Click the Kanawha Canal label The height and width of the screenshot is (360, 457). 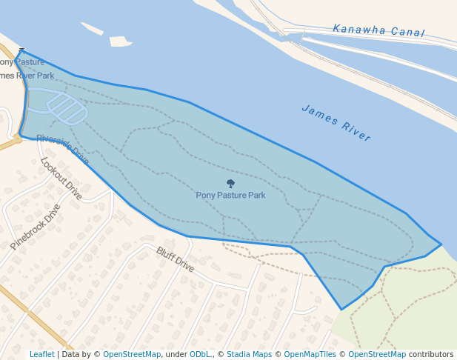(x=378, y=30)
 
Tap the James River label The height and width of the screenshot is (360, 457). (x=336, y=123)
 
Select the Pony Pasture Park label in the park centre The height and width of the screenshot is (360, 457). (x=230, y=195)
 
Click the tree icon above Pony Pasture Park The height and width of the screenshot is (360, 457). (x=230, y=184)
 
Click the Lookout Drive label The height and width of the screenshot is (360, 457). (x=61, y=179)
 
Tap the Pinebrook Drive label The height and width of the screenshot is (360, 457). (x=35, y=227)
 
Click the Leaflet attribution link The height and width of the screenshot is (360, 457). (x=41, y=355)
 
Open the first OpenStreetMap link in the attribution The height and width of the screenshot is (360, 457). (x=132, y=355)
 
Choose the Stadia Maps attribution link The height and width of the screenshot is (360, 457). (x=249, y=355)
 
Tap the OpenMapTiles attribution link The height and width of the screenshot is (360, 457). (x=310, y=355)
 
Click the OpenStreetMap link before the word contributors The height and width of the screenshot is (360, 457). (x=377, y=355)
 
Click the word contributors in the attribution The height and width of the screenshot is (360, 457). (x=431, y=355)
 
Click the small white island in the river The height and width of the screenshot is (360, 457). (x=120, y=41)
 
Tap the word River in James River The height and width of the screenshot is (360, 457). (x=356, y=131)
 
